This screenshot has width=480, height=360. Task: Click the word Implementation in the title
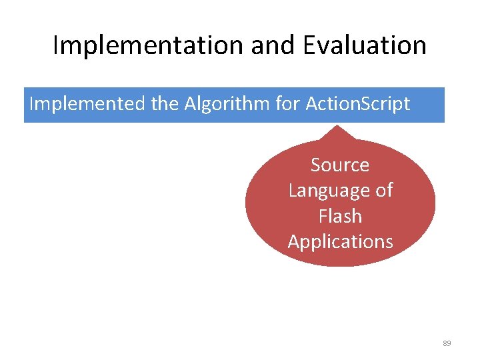point(147,45)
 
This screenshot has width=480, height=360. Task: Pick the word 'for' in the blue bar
point(286,105)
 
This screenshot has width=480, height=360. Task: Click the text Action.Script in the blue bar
point(358,105)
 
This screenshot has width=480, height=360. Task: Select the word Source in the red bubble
point(340,165)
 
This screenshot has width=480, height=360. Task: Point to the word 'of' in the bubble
point(384,191)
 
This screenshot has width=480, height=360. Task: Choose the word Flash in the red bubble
point(340,217)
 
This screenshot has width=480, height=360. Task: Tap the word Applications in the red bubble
point(340,241)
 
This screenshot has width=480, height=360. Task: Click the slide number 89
point(447,343)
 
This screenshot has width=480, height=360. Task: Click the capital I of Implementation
point(55,45)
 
